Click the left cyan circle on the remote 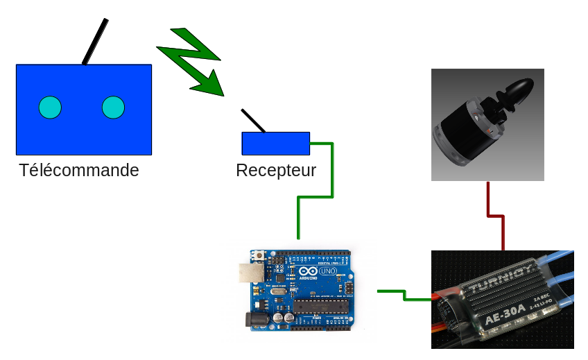(x=50, y=108)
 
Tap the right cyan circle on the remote (x=113, y=108)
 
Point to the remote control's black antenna (x=95, y=42)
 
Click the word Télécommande (x=79, y=170)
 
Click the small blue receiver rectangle (x=275, y=144)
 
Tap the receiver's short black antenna (x=252, y=121)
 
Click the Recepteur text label (x=276, y=171)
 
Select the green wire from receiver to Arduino (x=315, y=197)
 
